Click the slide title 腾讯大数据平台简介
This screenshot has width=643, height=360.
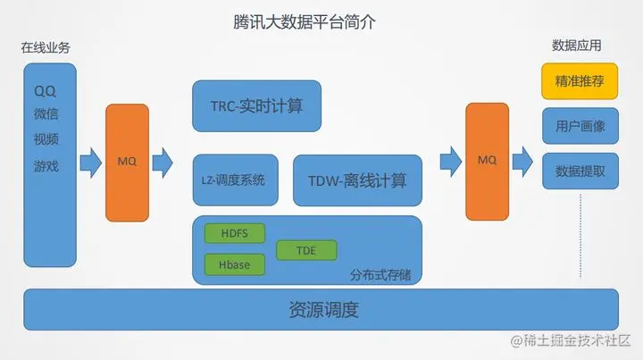[x=298, y=22]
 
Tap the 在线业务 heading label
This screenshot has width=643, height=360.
[x=46, y=48]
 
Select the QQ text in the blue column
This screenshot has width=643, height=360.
[x=45, y=91]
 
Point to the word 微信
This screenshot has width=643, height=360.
[x=46, y=115]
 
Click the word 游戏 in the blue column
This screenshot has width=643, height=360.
[x=46, y=165]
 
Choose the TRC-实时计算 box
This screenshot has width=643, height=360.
[x=256, y=106]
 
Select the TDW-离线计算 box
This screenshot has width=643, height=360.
[x=357, y=180]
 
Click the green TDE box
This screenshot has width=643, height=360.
[x=306, y=250]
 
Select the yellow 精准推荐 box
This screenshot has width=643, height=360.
[x=580, y=81]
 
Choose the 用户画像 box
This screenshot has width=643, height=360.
[x=580, y=126]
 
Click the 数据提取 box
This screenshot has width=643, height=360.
[x=580, y=171]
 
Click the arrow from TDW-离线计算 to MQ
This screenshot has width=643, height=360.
[x=450, y=162]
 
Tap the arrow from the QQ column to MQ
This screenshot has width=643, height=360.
[x=90, y=162]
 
